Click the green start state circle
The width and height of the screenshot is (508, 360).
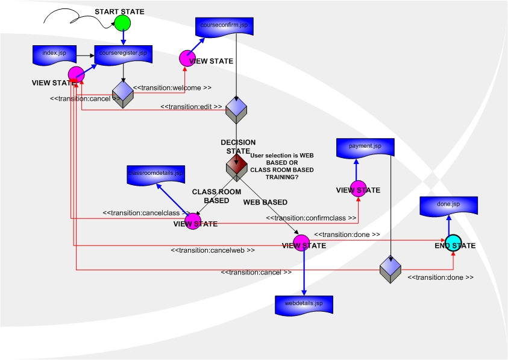pyautogui.click(x=123, y=23)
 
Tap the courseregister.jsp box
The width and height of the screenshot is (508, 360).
pyautogui.click(x=123, y=54)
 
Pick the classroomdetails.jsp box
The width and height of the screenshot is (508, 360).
pyautogui.click(x=156, y=174)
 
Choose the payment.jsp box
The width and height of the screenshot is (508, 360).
pyautogui.click(x=365, y=147)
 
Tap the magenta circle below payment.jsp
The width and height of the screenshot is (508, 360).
pyautogui.click(x=358, y=188)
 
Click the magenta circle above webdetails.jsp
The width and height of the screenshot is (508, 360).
pyautogui.click(x=300, y=242)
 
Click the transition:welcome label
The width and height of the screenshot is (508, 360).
pyautogui.click(x=172, y=87)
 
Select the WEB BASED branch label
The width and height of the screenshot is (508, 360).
pyautogui.click(x=265, y=202)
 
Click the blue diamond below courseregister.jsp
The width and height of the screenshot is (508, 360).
pyautogui.click(x=123, y=94)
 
